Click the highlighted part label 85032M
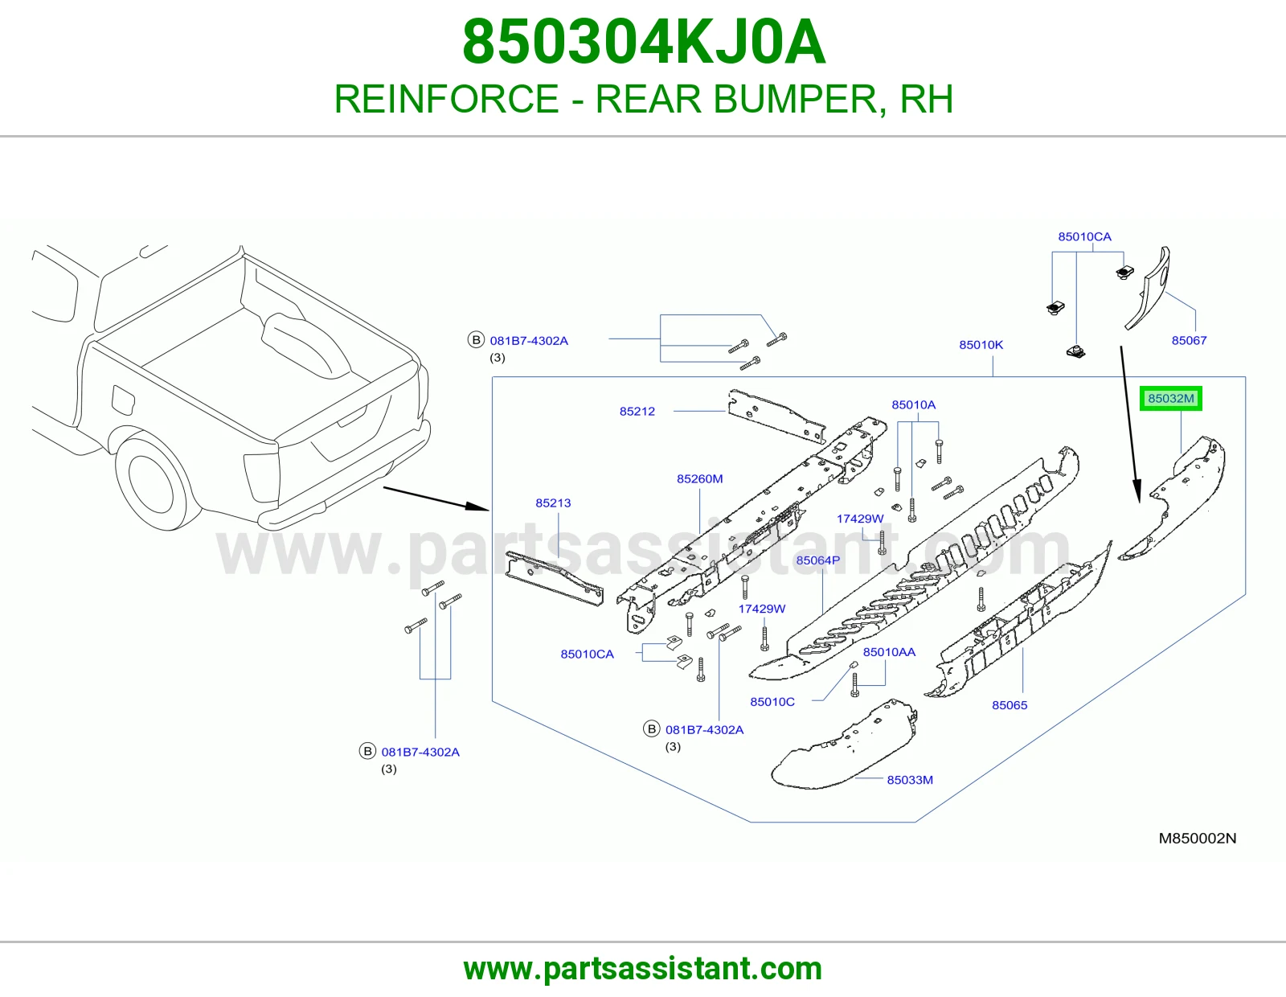pos(1170,399)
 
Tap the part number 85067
pos(1189,340)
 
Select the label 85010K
pos(981,345)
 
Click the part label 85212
pos(637,411)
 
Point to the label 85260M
pos(699,478)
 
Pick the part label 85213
pos(553,503)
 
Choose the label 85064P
pos(817,560)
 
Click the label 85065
pos(1010,705)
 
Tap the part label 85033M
pos(910,780)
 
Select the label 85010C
pos(772,702)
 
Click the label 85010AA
pos(889,652)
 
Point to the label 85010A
pos(913,405)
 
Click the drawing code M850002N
pos(1198,838)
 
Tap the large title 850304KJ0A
pos(643,42)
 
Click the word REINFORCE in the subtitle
pos(446,99)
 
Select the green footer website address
pos(643,969)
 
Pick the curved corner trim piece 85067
pos(1148,289)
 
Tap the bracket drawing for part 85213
pos(555,578)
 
